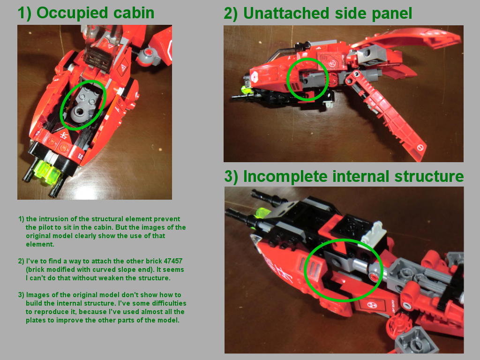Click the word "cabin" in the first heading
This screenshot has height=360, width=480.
(134, 13)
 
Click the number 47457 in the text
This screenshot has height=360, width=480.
(173, 261)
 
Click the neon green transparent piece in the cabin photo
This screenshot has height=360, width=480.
(47, 172)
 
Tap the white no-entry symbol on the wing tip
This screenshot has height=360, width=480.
(420, 148)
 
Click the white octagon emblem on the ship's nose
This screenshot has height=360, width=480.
(255, 76)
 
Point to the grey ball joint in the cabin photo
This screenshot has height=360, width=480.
(147, 56)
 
